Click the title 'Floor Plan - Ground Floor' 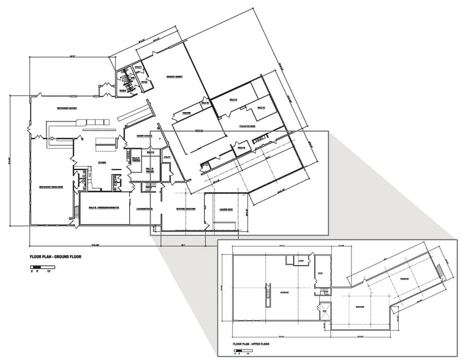point(56,257)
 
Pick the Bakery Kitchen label point(135,135)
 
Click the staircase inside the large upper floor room point(266,293)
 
